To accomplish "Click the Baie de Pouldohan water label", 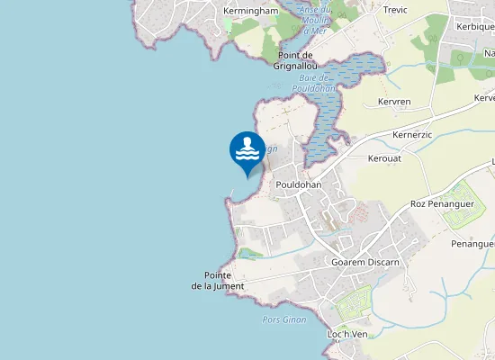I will coord(314,83).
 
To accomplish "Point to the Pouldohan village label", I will coord(299,184).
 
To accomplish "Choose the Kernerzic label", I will coord(413,134).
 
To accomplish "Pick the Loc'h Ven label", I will coord(346,334).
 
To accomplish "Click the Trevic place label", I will coord(395,10).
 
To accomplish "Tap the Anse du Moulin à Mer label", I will coord(315,21).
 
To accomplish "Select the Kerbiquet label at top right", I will coord(475,26).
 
